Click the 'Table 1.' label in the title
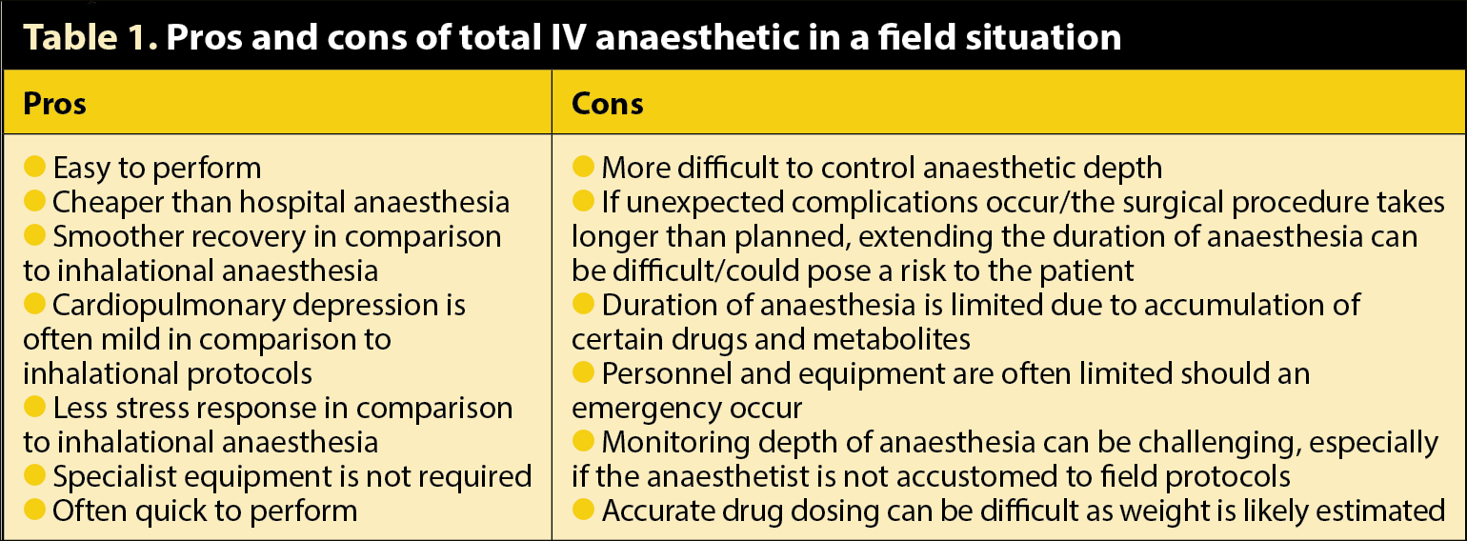90,37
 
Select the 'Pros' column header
54,104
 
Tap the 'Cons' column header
607,104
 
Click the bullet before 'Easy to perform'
34,167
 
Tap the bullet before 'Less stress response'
34,407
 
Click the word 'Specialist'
114,477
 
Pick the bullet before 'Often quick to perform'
34,509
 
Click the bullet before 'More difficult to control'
583,167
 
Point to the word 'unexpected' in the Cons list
705,203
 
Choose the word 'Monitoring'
676,443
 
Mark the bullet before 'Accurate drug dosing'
583,509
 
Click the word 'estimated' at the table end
1380,511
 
